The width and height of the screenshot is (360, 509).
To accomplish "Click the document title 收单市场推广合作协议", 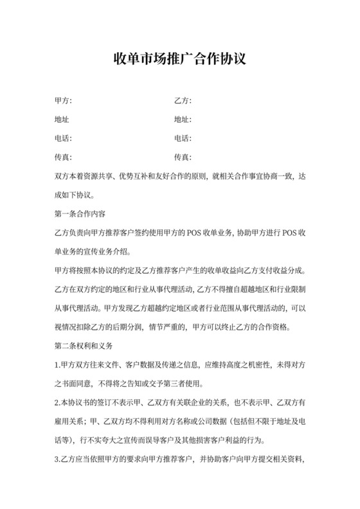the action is (x=179, y=60).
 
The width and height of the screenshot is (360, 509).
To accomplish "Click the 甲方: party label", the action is (x=64, y=101).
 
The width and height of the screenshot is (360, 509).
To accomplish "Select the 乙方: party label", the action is (x=183, y=101).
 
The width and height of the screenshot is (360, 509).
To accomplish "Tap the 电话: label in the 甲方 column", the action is (x=64, y=138).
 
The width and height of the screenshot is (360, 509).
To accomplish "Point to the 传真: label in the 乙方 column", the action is (x=183, y=157).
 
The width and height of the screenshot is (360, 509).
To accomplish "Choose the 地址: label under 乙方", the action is (x=183, y=120).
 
